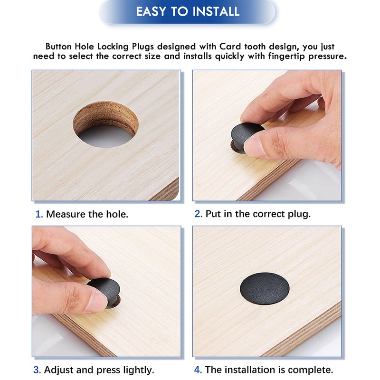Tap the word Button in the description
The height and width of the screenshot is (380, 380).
pyautogui.click(x=58, y=46)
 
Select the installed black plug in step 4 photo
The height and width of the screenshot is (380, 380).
pyautogui.click(x=265, y=288)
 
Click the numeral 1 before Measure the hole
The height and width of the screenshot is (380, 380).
pyautogui.click(x=38, y=214)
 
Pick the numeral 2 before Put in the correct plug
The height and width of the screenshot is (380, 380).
pyautogui.click(x=198, y=214)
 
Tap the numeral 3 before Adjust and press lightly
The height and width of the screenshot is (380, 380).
pyautogui.click(x=37, y=370)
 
